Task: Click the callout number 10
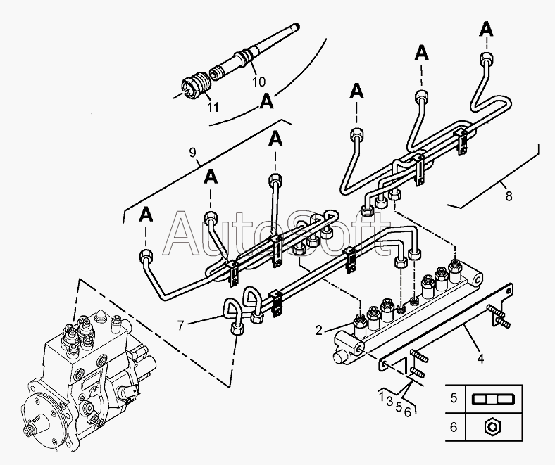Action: [259, 81]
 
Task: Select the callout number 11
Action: [213, 107]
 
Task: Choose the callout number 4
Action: [480, 358]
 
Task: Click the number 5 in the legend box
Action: [454, 398]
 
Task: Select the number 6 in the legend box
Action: [454, 426]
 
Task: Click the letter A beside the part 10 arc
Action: [266, 101]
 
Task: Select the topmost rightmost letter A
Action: [485, 28]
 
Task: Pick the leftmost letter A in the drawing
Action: [146, 212]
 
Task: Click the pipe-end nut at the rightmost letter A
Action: [485, 58]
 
